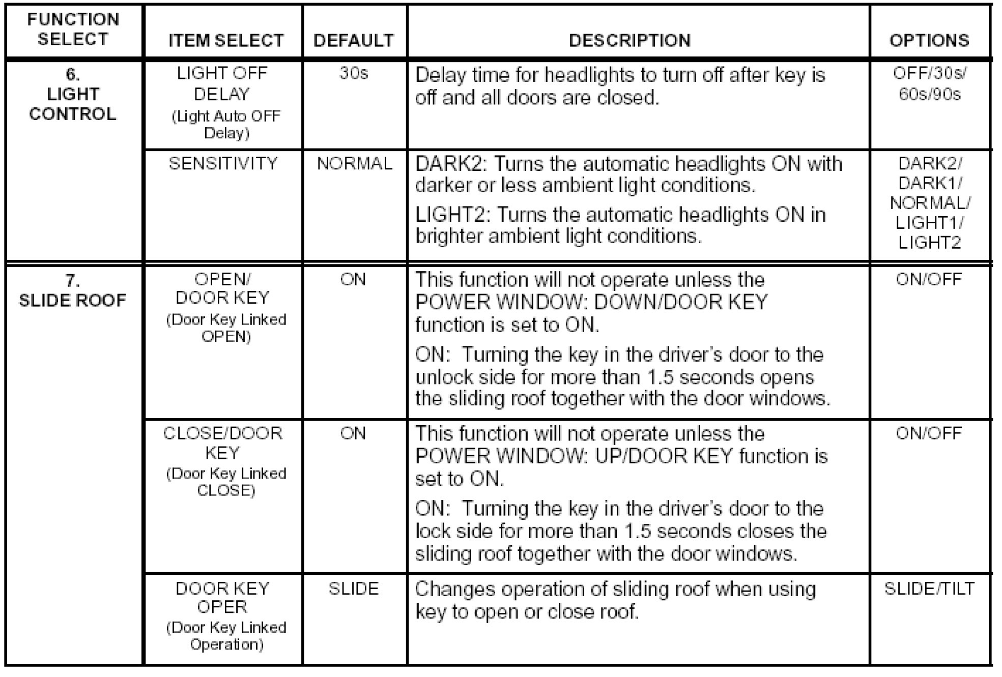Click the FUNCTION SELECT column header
(x=73, y=30)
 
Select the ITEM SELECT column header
(x=226, y=40)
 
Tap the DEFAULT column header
(x=354, y=40)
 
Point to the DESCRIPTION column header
(x=629, y=40)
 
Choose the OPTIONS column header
(x=929, y=40)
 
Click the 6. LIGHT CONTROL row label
(x=73, y=94)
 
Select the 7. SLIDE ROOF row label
(x=72, y=290)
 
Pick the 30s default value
(x=354, y=73)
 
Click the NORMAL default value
(x=355, y=163)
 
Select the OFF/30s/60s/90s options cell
(x=930, y=84)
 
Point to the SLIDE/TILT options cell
(x=929, y=588)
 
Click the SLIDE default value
(x=354, y=588)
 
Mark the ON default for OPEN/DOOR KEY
(x=353, y=279)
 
